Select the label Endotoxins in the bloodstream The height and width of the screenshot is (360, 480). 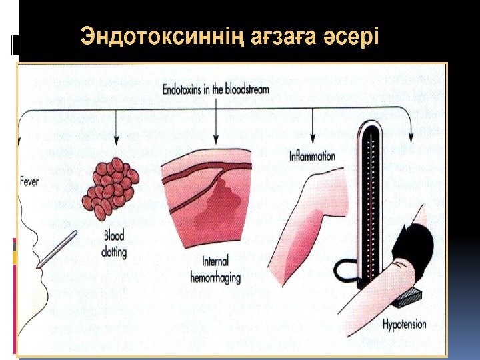coord(216,89)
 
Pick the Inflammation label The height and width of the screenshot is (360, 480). coord(312,157)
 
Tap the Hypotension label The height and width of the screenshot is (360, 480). coord(405,325)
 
